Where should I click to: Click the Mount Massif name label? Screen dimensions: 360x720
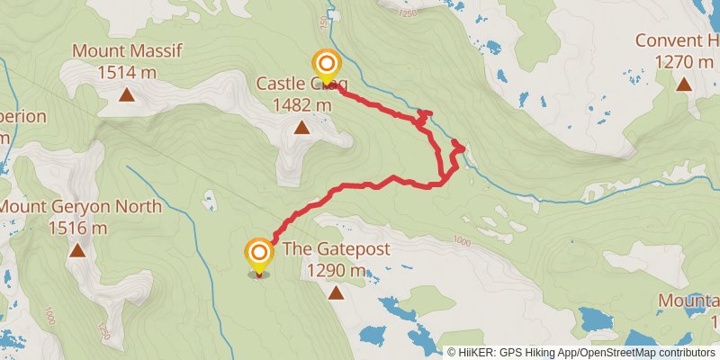tap(127, 50)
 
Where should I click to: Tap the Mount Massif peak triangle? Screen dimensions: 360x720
tap(127, 93)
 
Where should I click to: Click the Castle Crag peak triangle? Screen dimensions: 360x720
tap(301, 128)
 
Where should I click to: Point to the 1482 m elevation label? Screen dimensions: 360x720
tap(301, 104)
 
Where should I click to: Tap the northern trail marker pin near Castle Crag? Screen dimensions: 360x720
tap(326, 65)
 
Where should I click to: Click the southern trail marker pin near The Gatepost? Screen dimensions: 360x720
tap(259, 254)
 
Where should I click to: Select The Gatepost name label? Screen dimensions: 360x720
tap(336, 249)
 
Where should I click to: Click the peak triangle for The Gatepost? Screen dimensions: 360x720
tap(336, 292)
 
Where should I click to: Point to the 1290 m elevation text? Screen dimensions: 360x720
tap(336, 270)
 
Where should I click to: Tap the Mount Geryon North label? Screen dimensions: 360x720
tap(80, 207)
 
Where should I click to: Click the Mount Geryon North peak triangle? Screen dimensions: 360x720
tap(77, 251)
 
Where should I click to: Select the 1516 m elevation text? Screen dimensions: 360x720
tap(77, 228)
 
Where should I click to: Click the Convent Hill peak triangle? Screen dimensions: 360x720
tap(684, 85)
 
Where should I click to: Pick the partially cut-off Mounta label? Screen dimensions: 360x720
tap(688, 301)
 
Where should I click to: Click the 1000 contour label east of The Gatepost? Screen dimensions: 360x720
tap(463, 241)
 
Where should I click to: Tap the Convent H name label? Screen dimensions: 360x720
tap(678, 40)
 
